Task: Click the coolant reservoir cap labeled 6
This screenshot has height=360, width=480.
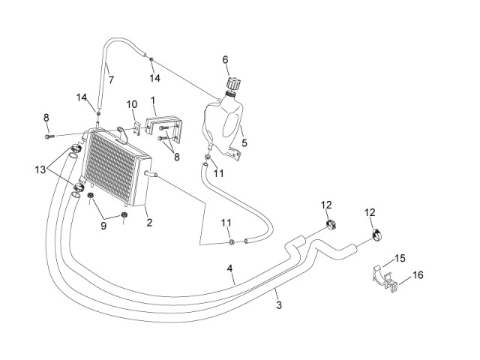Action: pos(233,83)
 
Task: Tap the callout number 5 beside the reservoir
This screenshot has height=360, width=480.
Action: pos(244,142)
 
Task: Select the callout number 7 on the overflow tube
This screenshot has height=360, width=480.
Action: pos(111,80)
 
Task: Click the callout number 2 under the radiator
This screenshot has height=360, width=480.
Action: pos(149,223)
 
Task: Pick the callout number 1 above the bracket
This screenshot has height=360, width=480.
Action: pos(153,100)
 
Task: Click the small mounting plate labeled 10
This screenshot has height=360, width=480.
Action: pos(136,127)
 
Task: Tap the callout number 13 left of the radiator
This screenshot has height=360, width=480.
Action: pos(40,169)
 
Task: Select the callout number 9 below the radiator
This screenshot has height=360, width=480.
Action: pos(103,226)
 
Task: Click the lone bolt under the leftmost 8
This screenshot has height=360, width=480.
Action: pos(49,136)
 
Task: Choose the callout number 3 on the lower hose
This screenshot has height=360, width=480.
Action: pos(278,305)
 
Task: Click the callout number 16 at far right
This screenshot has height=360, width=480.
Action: pos(418,275)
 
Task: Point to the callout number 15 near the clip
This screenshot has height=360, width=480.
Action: pos(400,258)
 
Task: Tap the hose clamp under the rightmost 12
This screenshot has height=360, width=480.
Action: pos(378,235)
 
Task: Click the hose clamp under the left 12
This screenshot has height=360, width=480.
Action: pos(331,224)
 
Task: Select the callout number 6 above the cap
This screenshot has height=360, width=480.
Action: pos(225,59)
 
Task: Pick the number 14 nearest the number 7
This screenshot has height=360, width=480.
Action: pos(155,78)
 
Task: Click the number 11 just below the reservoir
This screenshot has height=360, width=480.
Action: pos(218,173)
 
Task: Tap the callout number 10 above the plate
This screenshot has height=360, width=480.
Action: pos(132,104)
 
